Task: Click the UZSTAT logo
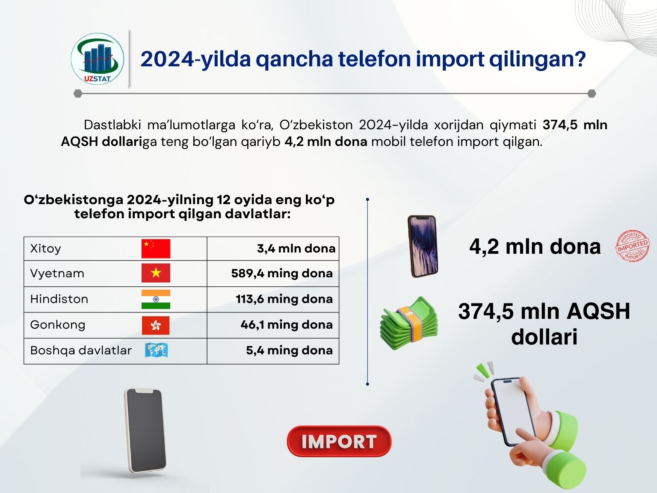(x=97, y=59)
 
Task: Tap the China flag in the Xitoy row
(x=156, y=249)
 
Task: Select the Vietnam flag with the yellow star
(x=156, y=273)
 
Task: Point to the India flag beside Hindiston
(x=156, y=299)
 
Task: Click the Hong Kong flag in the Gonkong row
(x=156, y=325)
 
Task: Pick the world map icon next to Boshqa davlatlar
(x=156, y=350)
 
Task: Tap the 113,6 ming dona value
(x=284, y=299)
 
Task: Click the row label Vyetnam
(x=57, y=273)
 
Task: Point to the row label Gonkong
(x=58, y=325)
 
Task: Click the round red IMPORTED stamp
(x=632, y=246)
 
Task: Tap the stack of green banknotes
(x=409, y=323)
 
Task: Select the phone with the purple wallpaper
(x=423, y=246)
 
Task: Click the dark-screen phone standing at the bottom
(x=145, y=431)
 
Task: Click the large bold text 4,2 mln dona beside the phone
(x=535, y=246)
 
